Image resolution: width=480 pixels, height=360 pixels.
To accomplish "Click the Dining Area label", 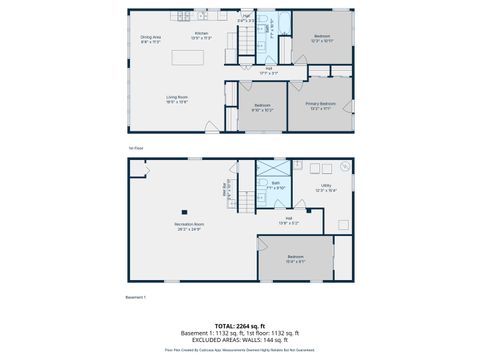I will [151, 39].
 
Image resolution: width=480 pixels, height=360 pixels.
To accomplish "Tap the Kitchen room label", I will [201, 35].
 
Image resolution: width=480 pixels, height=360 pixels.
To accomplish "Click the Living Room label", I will [178, 99].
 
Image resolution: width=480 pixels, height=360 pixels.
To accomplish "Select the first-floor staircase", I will [246, 42].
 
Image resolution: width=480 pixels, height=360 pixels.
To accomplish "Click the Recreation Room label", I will [190, 226].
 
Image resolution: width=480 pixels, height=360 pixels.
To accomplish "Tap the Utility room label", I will [326, 187].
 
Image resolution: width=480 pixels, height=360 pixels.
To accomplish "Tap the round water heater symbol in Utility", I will [343, 165].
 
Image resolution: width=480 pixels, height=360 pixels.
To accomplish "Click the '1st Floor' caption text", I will [135, 149].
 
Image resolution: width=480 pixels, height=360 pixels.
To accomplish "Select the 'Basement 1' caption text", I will [136, 297].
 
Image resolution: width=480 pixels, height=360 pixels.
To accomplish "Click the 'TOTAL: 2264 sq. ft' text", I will [239, 325].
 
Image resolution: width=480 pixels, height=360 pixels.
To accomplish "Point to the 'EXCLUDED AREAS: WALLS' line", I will [239, 340].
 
